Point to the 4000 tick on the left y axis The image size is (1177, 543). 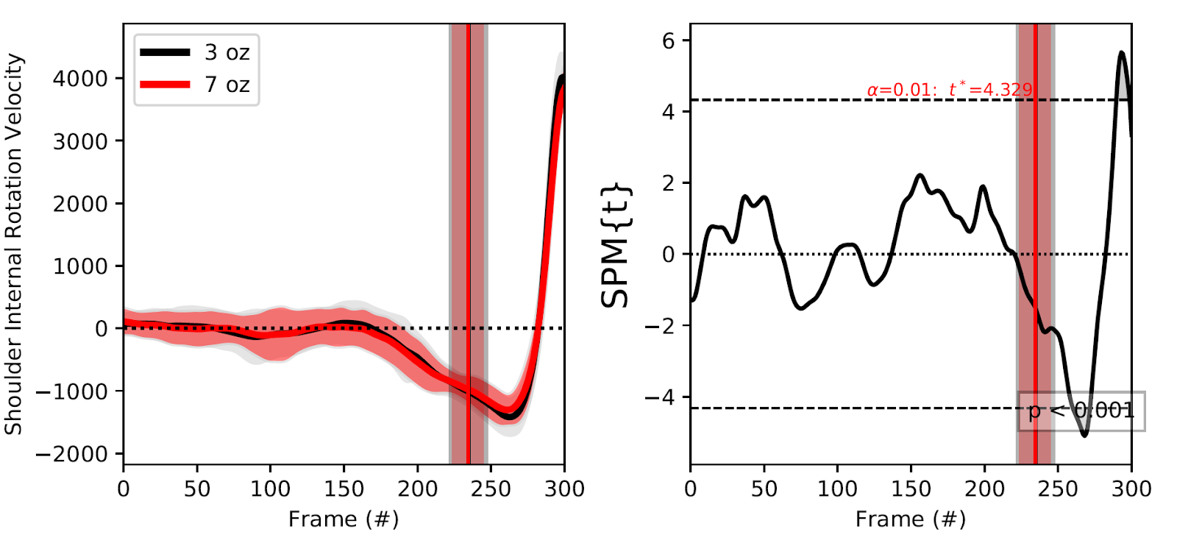80,79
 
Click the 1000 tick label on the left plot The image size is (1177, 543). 80,266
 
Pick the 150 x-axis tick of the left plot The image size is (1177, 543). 344,489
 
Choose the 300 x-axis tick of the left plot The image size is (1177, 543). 564,489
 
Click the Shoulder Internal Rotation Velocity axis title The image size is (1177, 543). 14,244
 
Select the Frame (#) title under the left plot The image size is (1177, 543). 344,519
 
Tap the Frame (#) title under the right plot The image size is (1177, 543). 911,519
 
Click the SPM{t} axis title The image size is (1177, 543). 616,244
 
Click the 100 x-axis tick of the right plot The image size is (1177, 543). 837,489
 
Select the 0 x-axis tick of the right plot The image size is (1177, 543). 690,489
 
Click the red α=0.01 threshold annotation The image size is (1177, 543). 950,90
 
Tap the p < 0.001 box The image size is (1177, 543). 1081,411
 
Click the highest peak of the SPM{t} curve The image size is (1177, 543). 1121,52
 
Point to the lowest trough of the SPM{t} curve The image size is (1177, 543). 1084,436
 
